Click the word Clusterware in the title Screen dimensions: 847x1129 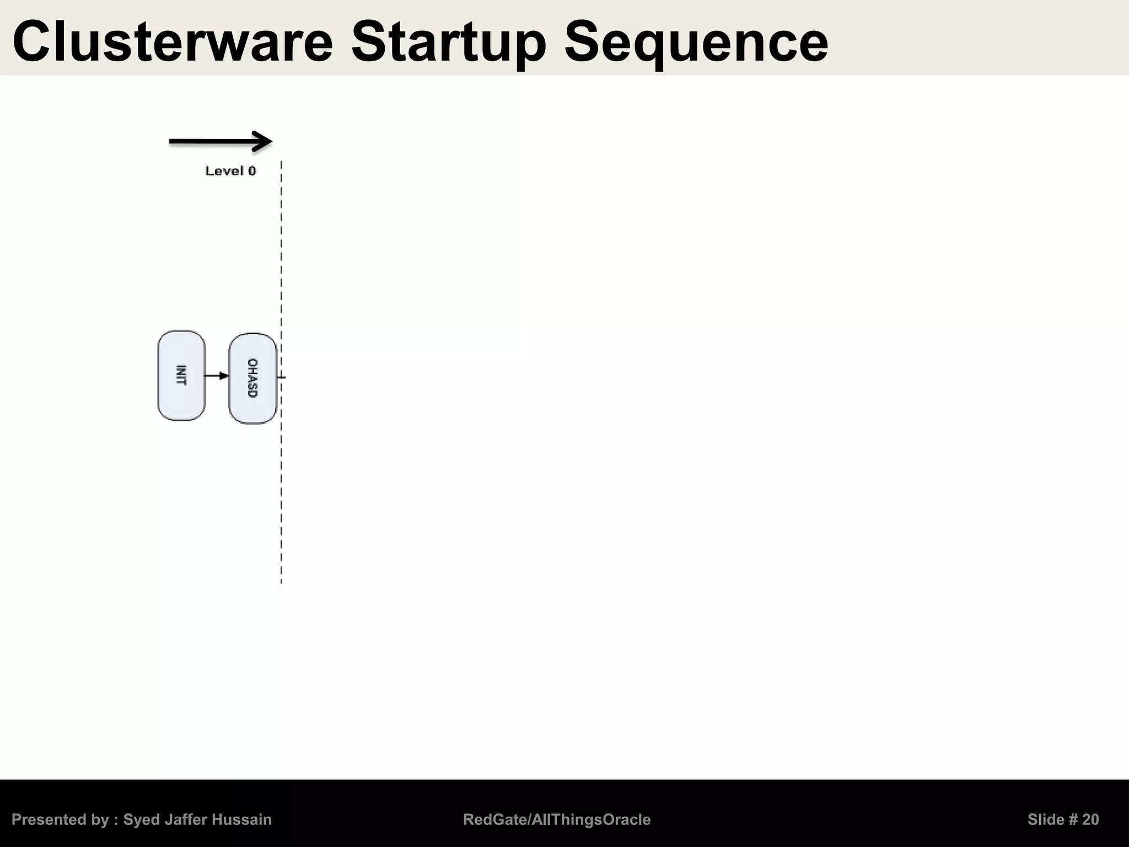[173, 42]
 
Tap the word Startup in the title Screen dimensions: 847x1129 [449, 42]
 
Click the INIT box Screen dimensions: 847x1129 [181, 376]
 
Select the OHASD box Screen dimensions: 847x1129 [252, 378]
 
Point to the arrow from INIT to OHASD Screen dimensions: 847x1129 [217, 376]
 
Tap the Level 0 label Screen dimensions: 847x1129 [230, 171]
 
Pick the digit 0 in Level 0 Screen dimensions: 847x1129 [252, 171]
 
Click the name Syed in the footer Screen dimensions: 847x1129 [142, 820]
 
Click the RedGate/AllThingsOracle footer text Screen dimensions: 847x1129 [557, 820]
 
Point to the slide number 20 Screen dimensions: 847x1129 [1090, 820]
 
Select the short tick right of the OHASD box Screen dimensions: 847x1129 [282, 377]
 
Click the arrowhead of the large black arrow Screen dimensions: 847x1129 [264, 142]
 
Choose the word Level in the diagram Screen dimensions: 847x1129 [224, 171]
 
